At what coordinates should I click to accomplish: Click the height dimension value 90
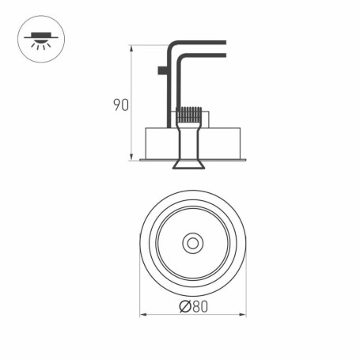tap(121, 105)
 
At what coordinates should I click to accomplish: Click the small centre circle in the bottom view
tap(191, 243)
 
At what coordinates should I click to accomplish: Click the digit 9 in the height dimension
tap(116, 105)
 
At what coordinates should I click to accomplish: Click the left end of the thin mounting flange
tap(142, 160)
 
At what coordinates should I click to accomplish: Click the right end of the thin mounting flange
tap(246, 160)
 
